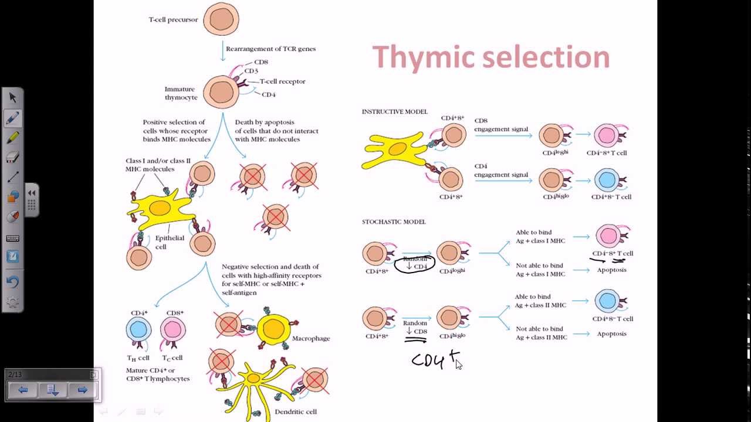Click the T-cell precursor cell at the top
(221, 19)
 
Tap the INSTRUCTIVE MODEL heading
(394, 111)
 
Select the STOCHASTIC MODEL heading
(393, 222)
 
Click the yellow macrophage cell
(274, 329)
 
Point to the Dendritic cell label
(296, 411)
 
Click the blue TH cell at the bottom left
(138, 330)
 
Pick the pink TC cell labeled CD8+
(173, 330)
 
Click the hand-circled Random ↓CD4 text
(415, 263)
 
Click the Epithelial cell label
(169, 242)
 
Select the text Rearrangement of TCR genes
(270, 49)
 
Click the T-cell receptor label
(282, 81)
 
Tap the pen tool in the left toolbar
(12, 118)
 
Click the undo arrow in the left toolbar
(12, 281)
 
